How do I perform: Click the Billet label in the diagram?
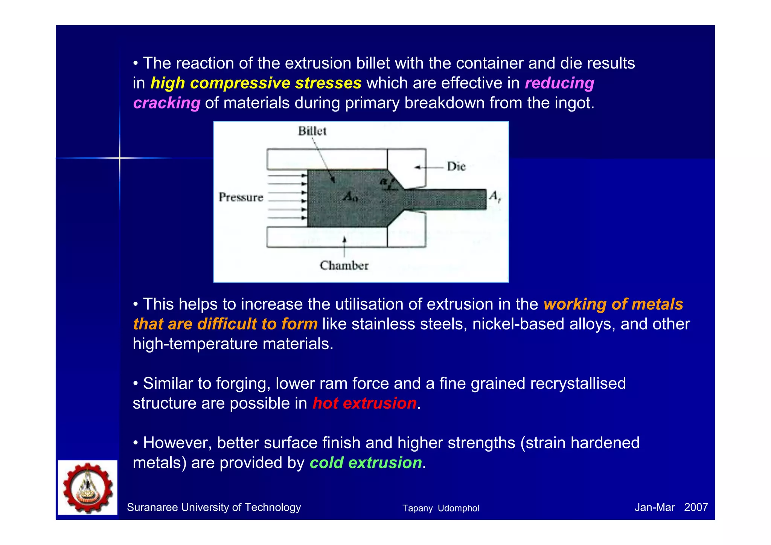pyautogui.click(x=312, y=131)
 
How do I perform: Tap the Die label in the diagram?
pyautogui.click(x=456, y=166)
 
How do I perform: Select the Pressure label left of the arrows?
pyautogui.click(x=241, y=197)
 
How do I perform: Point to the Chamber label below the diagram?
pyautogui.click(x=344, y=266)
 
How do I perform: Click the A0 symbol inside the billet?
pyautogui.click(x=350, y=196)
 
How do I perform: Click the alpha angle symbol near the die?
pyautogui.click(x=384, y=182)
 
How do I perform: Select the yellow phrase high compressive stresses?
pyautogui.click(x=256, y=83)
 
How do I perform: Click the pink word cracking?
pyautogui.click(x=166, y=103)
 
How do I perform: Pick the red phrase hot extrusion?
pyautogui.click(x=364, y=403)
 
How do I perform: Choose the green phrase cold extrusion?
pyautogui.click(x=365, y=463)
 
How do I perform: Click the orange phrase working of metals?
pyautogui.click(x=613, y=304)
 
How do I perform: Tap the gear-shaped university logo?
pyautogui.click(x=88, y=488)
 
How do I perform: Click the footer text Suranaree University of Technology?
pyautogui.click(x=214, y=507)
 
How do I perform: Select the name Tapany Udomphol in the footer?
pyautogui.click(x=440, y=508)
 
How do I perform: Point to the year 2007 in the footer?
pyautogui.click(x=696, y=507)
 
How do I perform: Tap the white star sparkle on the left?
pyautogui.click(x=119, y=158)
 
